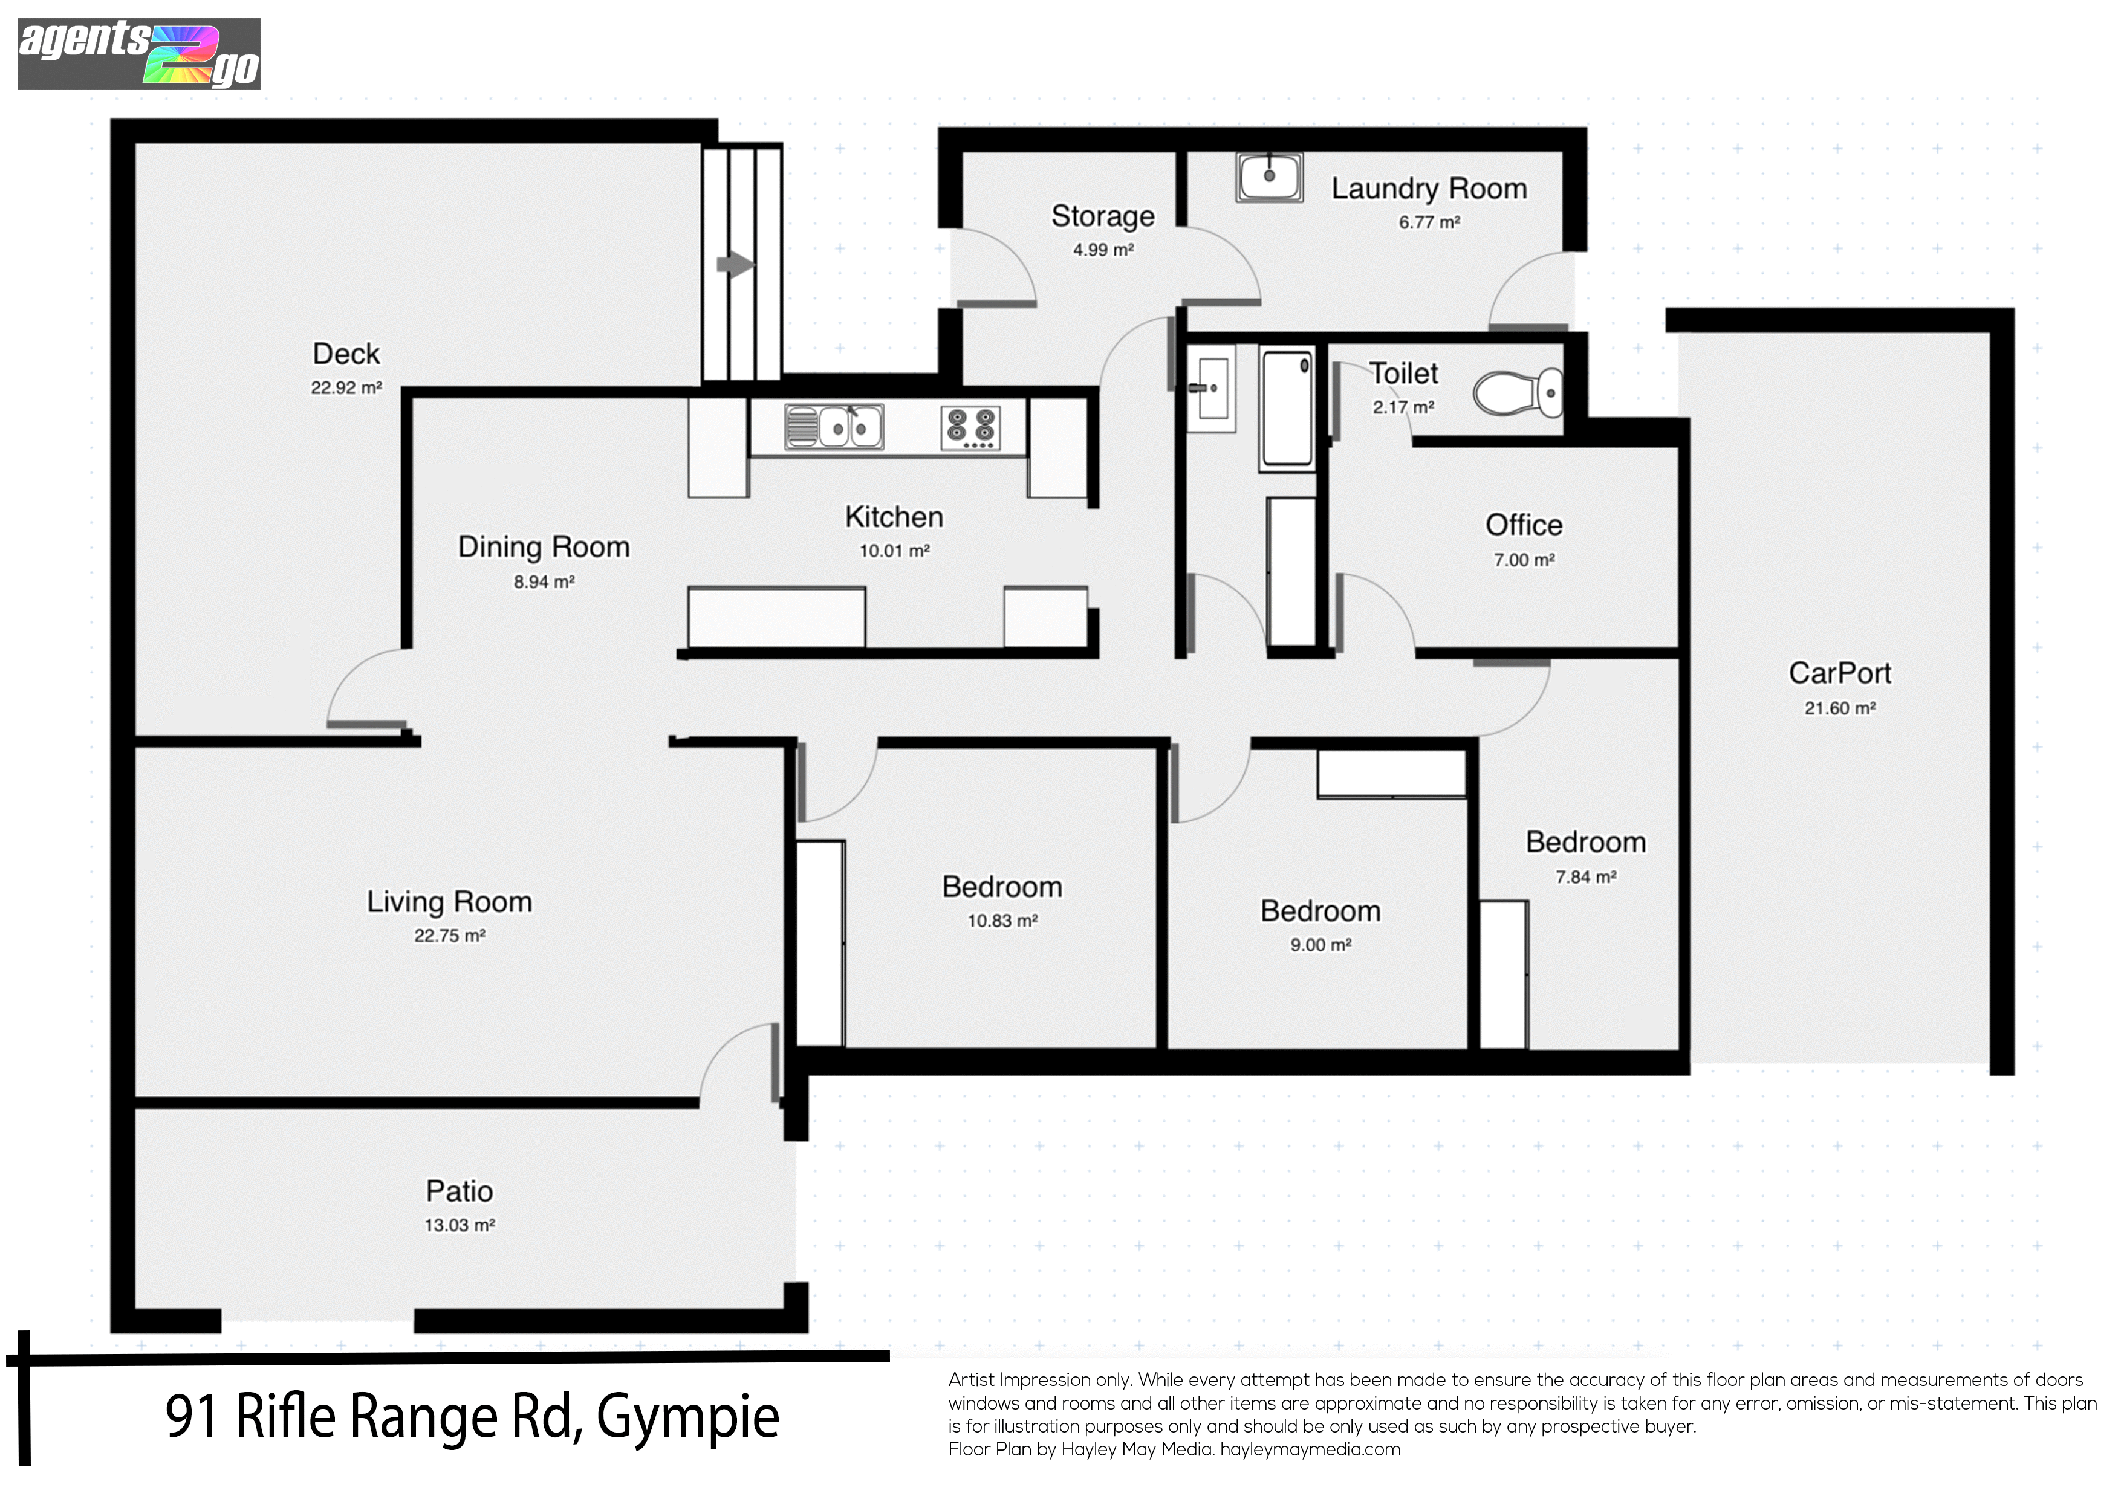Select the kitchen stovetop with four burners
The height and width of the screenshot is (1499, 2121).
click(x=970, y=429)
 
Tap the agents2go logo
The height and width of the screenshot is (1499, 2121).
click(x=138, y=54)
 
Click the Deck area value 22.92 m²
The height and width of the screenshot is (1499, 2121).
click(x=346, y=388)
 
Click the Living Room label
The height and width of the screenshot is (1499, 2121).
click(x=450, y=901)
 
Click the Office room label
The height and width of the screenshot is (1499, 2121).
click(x=1524, y=525)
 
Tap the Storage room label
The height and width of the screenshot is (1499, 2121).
click(x=1103, y=216)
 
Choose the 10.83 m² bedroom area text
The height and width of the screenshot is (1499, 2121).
click(x=1002, y=921)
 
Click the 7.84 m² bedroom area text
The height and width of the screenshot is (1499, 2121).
click(x=1586, y=876)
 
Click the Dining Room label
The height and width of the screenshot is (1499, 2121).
click(x=544, y=547)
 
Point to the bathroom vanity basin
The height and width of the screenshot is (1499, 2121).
click(x=1210, y=388)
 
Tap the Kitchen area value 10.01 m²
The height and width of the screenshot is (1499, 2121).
click(x=894, y=551)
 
